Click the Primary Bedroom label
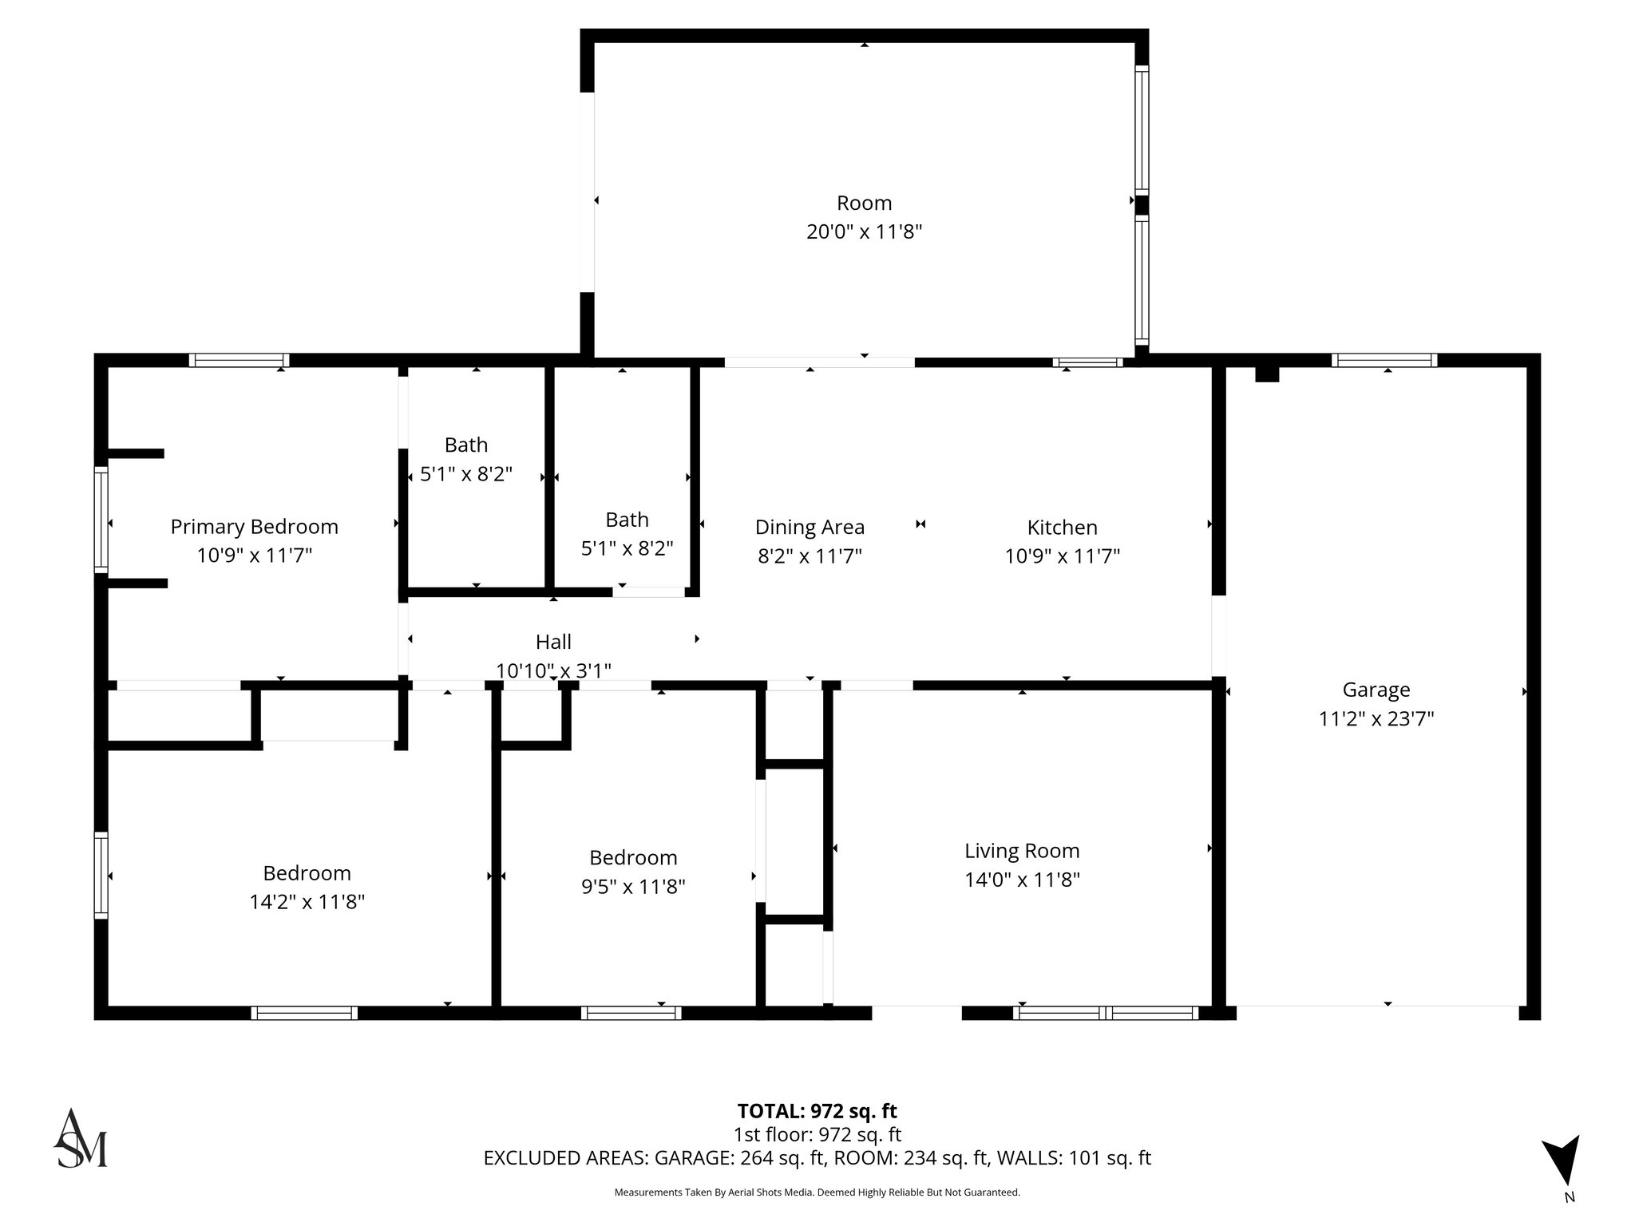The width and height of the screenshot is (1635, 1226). tap(254, 527)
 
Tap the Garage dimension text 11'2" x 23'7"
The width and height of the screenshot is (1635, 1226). tap(1376, 719)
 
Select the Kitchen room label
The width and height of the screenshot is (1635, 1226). tap(1062, 528)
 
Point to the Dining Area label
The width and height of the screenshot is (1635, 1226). tap(810, 528)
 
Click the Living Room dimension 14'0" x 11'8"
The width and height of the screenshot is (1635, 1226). tap(1022, 880)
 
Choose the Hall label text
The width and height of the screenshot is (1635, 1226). tap(553, 642)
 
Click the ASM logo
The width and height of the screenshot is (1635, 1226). tap(80, 1139)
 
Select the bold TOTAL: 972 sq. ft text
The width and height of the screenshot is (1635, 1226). tap(817, 1111)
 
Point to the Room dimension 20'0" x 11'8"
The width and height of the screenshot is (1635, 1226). tap(864, 232)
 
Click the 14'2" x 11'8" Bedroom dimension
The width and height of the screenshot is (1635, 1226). tap(307, 902)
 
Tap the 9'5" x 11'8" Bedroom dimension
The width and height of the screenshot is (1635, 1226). tap(633, 887)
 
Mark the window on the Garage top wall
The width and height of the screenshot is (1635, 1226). tap(1384, 360)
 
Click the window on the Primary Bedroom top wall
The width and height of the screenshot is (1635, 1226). tap(239, 360)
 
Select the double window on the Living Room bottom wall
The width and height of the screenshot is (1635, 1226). tap(1106, 1013)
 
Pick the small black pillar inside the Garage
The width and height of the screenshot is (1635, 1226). tap(1267, 374)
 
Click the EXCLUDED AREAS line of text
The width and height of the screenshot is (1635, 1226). tap(817, 1158)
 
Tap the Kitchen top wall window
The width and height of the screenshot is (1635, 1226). tap(1087, 362)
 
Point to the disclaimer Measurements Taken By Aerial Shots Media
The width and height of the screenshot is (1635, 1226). tap(817, 1192)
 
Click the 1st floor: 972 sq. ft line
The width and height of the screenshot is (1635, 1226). tap(817, 1134)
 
